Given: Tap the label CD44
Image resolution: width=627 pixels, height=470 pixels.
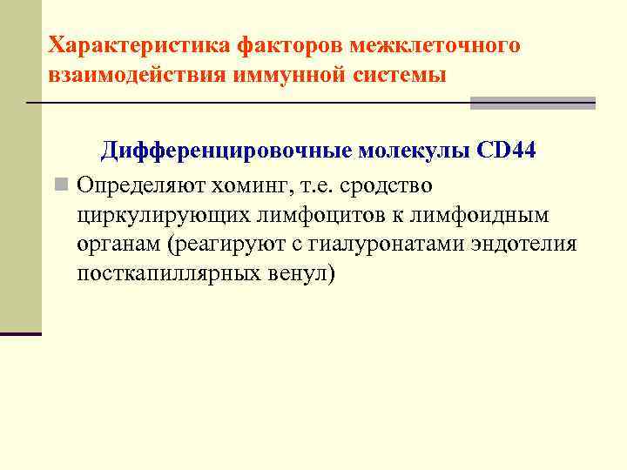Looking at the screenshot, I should [x=507, y=152].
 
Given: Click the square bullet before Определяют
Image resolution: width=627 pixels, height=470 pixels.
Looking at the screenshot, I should [x=59, y=185].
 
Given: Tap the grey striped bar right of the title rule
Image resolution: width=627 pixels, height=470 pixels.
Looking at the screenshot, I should [x=533, y=103].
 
